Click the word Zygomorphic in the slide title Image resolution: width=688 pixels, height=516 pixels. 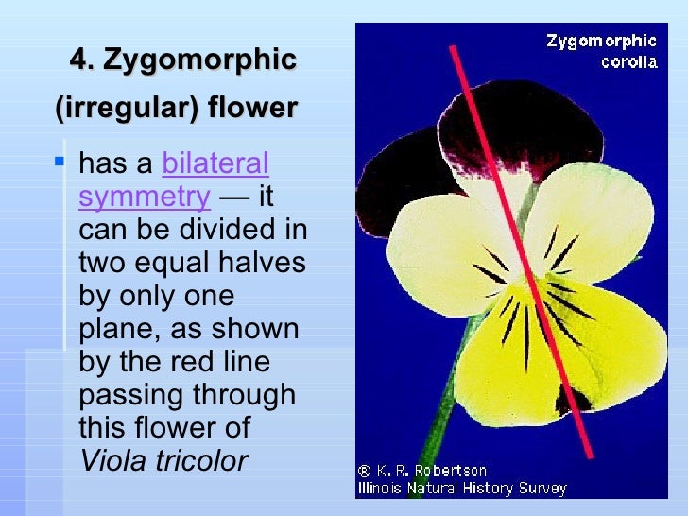[x=199, y=60]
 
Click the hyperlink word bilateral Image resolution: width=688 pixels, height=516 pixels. [x=215, y=164]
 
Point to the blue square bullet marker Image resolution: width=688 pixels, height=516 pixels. [x=60, y=163]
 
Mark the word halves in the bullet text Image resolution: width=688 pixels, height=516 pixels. [x=259, y=263]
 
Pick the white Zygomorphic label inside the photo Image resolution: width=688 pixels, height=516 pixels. [x=601, y=41]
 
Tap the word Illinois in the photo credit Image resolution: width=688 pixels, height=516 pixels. [x=387, y=488]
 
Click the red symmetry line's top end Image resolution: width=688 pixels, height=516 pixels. [x=453, y=49]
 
